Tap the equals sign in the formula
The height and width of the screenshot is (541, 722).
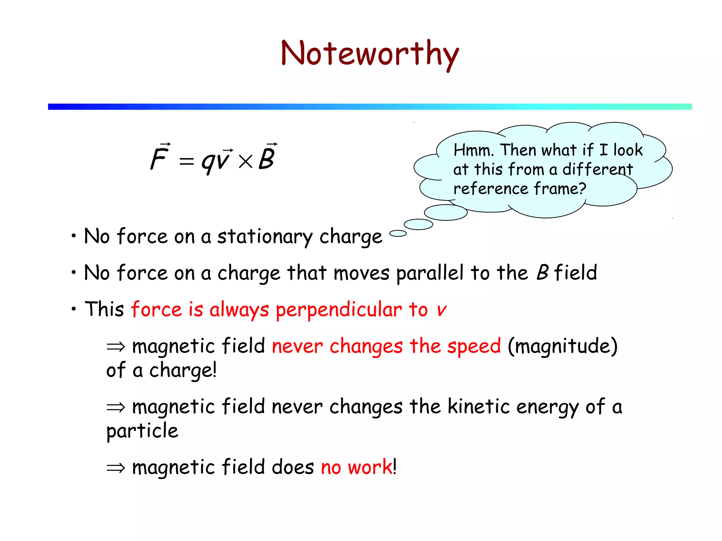pyautogui.click(x=186, y=162)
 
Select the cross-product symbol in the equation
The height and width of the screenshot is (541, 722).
pyautogui.click(x=245, y=162)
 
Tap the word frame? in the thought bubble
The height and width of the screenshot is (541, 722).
pyautogui.click(x=560, y=189)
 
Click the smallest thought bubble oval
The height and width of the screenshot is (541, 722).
pyautogui.click(x=398, y=233)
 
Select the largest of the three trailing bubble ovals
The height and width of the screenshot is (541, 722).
pyautogui.click(x=446, y=212)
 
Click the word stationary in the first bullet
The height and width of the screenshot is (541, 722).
pyautogui.click(x=264, y=237)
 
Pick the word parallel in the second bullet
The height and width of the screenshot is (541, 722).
pyautogui.click(x=430, y=273)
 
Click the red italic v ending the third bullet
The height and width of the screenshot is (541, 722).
pyautogui.click(x=441, y=310)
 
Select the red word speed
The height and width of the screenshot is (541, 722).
pyautogui.click(x=474, y=347)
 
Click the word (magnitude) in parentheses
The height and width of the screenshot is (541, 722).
pyautogui.click(x=562, y=347)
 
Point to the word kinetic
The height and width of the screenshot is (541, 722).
pyautogui.click(x=479, y=407)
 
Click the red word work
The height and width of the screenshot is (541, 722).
pyautogui.click(x=370, y=468)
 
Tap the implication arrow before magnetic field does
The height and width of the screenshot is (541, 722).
pyautogui.click(x=116, y=468)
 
